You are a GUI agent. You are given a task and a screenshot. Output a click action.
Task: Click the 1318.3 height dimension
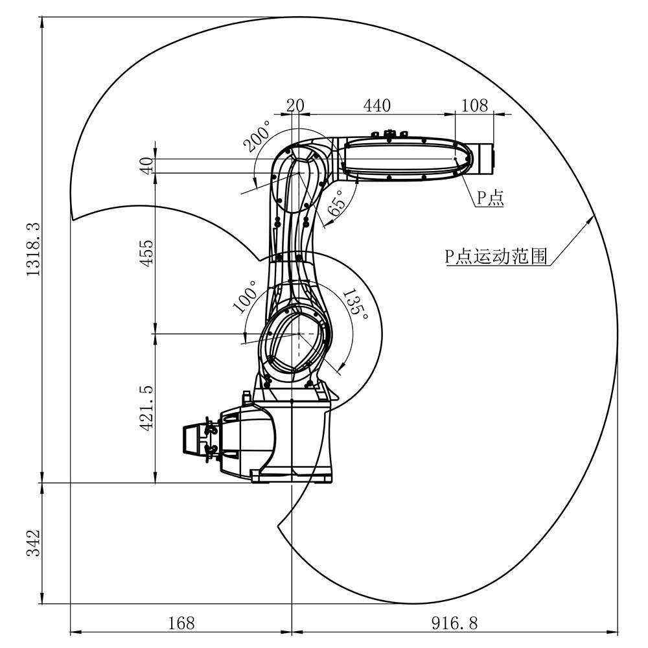tap(33, 250)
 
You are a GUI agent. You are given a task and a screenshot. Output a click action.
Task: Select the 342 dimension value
tap(33, 543)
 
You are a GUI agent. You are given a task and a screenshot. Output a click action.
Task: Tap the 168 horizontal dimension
tap(181, 623)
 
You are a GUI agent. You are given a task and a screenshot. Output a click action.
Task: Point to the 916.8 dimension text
tap(454, 623)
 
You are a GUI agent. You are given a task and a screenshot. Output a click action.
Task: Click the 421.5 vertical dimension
tap(146, 408)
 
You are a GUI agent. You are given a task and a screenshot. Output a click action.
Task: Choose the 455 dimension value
tap(146, 253)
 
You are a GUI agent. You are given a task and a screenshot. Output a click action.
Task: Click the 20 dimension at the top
tap(295, 105)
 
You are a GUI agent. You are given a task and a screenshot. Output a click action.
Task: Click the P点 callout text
tap(490, 198)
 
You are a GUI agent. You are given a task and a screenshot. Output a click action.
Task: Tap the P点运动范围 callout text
tap(496, 257)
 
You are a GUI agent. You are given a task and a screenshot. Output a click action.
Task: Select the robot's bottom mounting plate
tap(292, 478)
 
